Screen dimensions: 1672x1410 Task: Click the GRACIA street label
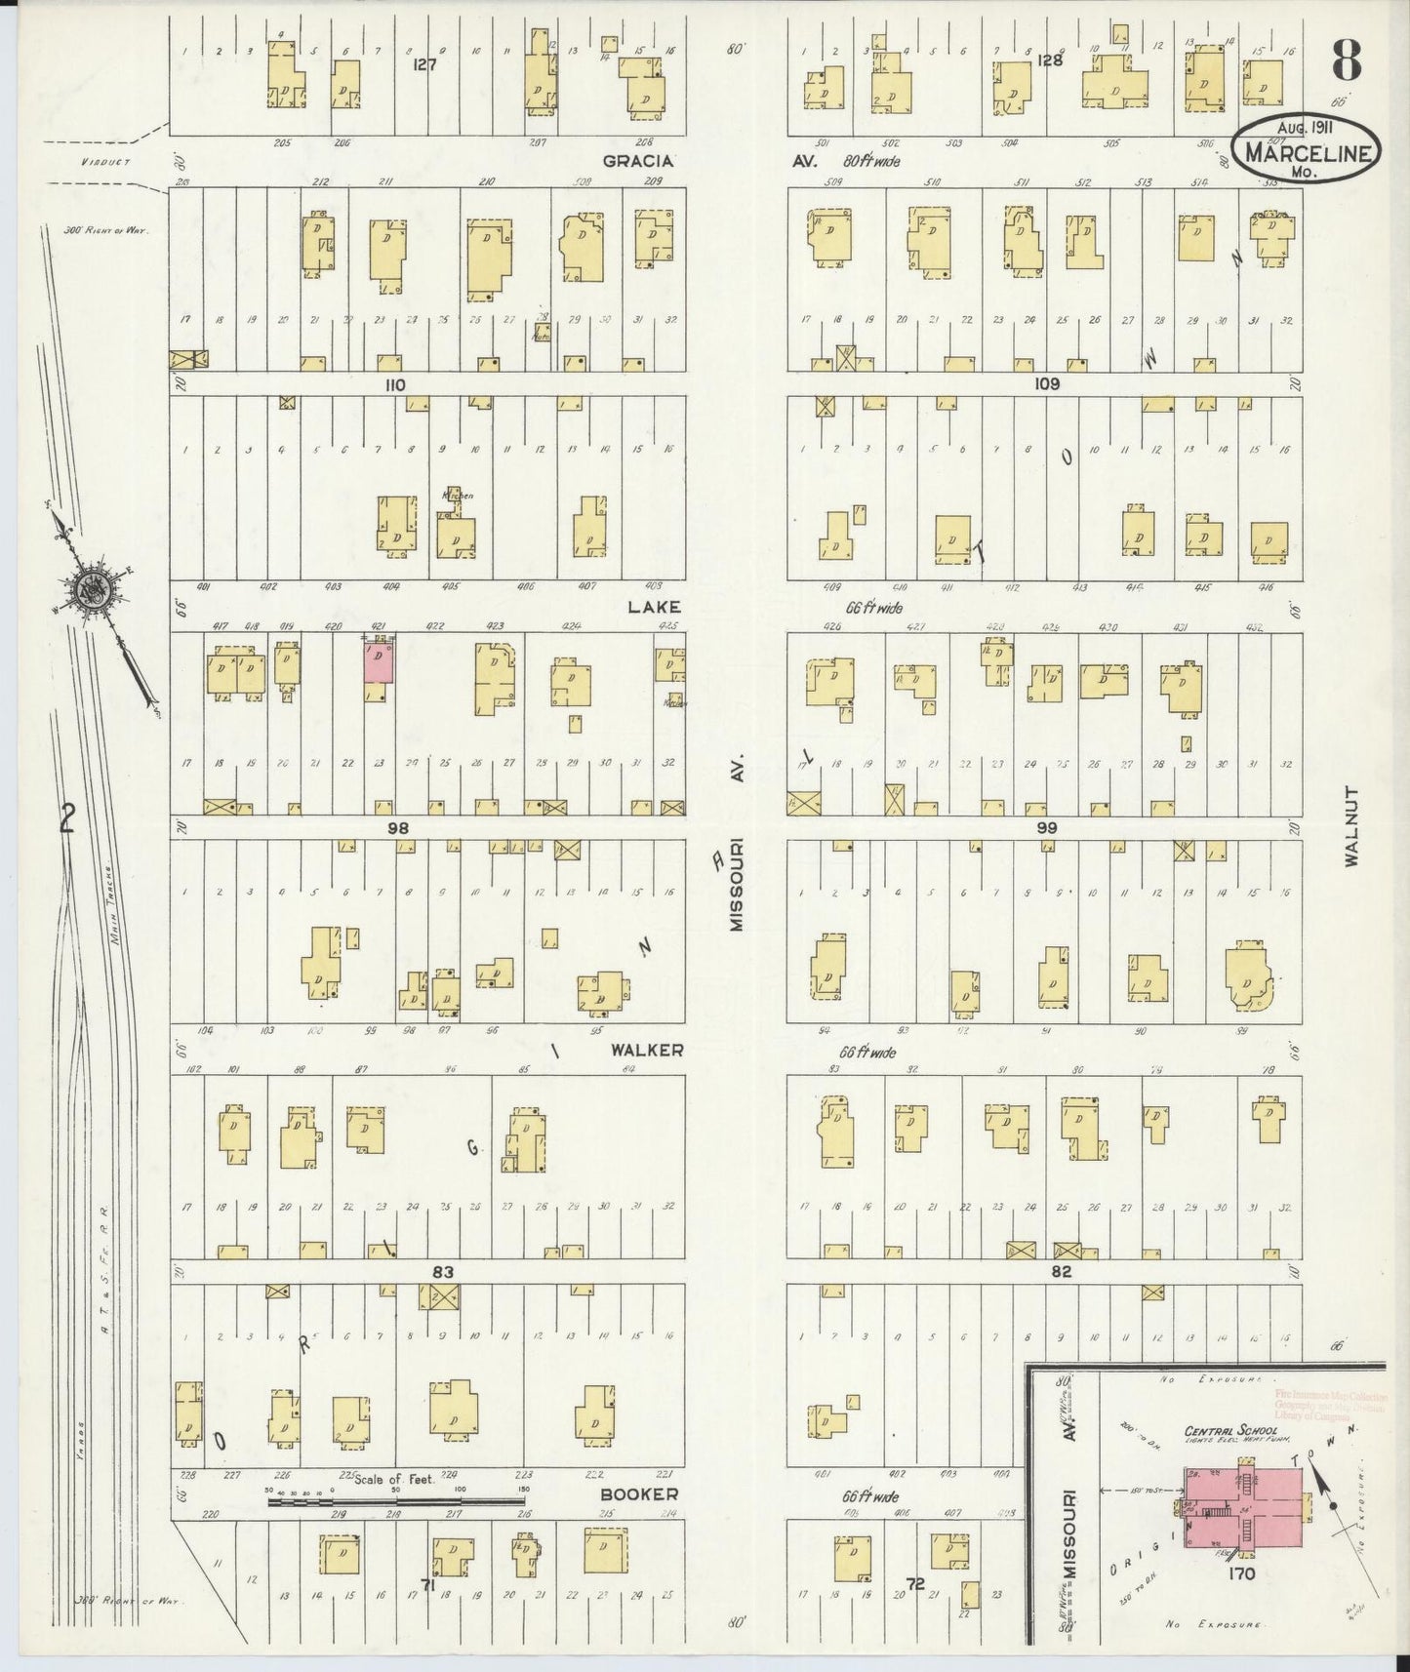click(x=634, y=161)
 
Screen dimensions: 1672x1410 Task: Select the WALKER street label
click(x=646, y=1051)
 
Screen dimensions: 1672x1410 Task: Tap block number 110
click(x=394, y=385)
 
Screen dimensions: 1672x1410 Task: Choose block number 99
click(x=1047, y=827)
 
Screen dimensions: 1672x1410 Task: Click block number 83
click(x=444, y=1271)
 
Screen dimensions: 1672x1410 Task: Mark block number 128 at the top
click(x=1049, y=60)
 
